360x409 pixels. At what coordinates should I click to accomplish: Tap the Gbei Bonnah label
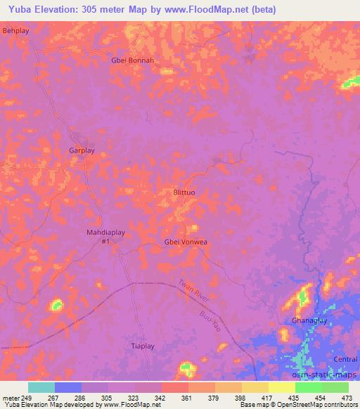click(132, 60)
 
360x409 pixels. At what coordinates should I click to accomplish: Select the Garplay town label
click(82, 150)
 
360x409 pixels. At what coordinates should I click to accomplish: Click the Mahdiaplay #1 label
click(106, 237)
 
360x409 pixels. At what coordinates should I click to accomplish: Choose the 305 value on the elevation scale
click(108, 398)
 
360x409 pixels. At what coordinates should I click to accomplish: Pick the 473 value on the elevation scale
click(346, 398)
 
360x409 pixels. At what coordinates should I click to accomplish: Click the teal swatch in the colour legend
click(41, 387)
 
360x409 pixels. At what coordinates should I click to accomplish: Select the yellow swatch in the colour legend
click(282, 387)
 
